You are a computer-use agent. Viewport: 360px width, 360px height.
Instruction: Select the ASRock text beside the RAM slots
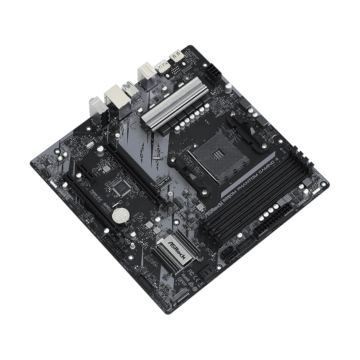point(210,211)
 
